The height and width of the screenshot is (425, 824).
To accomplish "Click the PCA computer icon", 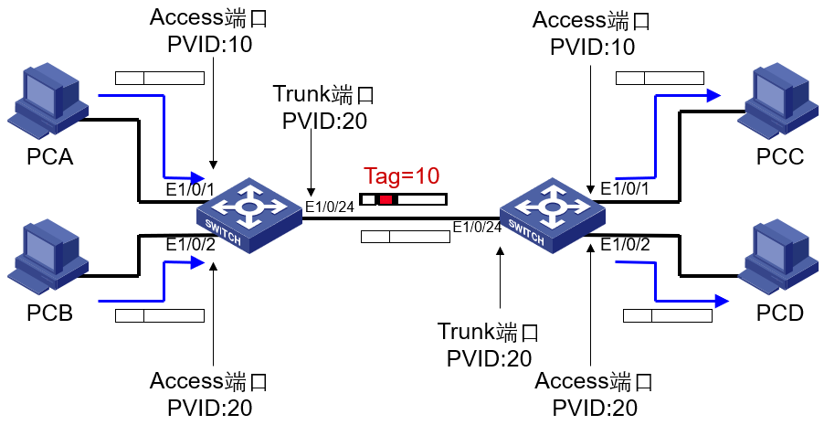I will click(x=45, y=99).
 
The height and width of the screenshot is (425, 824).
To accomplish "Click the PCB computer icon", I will click(x=45, y=253).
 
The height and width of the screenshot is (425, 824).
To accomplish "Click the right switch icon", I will click(x=552, y=211).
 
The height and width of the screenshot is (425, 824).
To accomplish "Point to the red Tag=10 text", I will click(x=402, y=175).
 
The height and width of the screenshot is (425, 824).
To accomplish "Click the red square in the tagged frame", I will click(x=386, y=199).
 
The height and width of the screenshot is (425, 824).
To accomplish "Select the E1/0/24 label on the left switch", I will click(x=329, y=207).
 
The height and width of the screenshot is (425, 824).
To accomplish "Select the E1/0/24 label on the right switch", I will click(x=478, y=227).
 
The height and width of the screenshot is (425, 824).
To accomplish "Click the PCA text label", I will click(x=49, y=157).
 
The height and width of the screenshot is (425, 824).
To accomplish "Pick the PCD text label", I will click(x=780, y=313).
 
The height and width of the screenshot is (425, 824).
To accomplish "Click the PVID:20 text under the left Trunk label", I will click(x=324, y=120).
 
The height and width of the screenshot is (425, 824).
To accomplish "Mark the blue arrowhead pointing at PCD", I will click(x=722, y=300).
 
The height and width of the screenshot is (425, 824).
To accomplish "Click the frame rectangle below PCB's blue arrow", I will click(x=159, y=316).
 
